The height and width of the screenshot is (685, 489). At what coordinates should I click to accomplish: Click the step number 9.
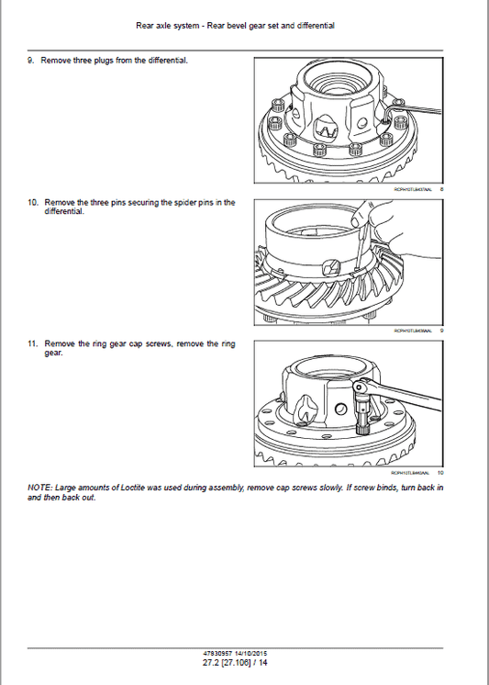point(30,60)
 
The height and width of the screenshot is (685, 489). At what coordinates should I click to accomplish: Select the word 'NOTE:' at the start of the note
point(39,488)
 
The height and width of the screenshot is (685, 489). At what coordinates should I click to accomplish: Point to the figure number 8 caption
point(441,189)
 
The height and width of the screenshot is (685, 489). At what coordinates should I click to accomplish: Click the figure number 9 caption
point(441,331)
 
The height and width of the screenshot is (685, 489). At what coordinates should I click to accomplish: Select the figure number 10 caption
point(440,473)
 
